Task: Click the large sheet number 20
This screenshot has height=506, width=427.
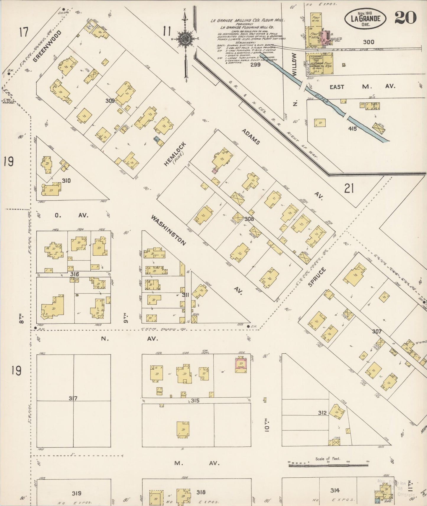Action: pos(405,17)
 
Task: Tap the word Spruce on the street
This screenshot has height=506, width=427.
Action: pos(317,277)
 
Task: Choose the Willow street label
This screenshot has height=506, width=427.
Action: pos(294,65)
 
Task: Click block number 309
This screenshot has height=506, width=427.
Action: pos(110,101)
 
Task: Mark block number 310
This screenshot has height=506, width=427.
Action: pos(66,181)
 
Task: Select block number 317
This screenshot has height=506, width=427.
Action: pos(73,399)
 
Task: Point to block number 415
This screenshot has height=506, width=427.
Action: pos(353,128)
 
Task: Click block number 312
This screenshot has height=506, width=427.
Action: pos(322,413)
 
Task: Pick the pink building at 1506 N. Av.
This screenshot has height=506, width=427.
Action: pos(241,365)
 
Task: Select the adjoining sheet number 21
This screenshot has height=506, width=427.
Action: pos(349,188)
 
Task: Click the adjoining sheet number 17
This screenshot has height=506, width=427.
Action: pos(24,32)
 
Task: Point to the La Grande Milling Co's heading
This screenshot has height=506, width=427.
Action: pos(248,21)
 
